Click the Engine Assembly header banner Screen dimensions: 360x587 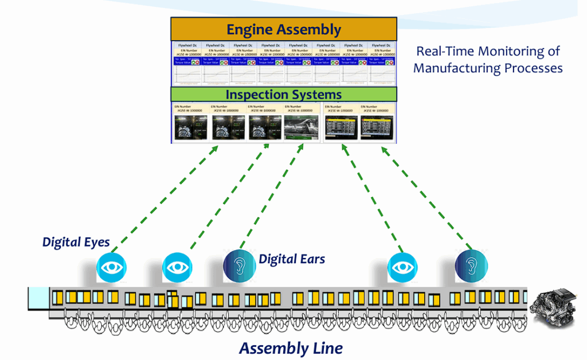coord(284,29)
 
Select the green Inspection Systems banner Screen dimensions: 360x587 coord(284,95)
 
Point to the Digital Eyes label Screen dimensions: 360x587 coord(76,242)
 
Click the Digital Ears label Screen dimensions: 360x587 coord(292,259)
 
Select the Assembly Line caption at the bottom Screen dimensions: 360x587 coord(291,348)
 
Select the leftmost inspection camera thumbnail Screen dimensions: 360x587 coord(190,127)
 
